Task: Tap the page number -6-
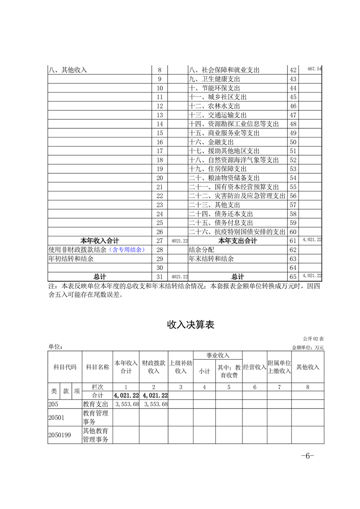point(307,456)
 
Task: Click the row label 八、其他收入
point(68,70)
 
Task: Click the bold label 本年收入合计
point(100,240)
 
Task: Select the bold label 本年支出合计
point(237,240)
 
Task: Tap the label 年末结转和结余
point(211,259)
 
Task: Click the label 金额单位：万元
point(307,347)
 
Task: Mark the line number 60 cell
point(293,232)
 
